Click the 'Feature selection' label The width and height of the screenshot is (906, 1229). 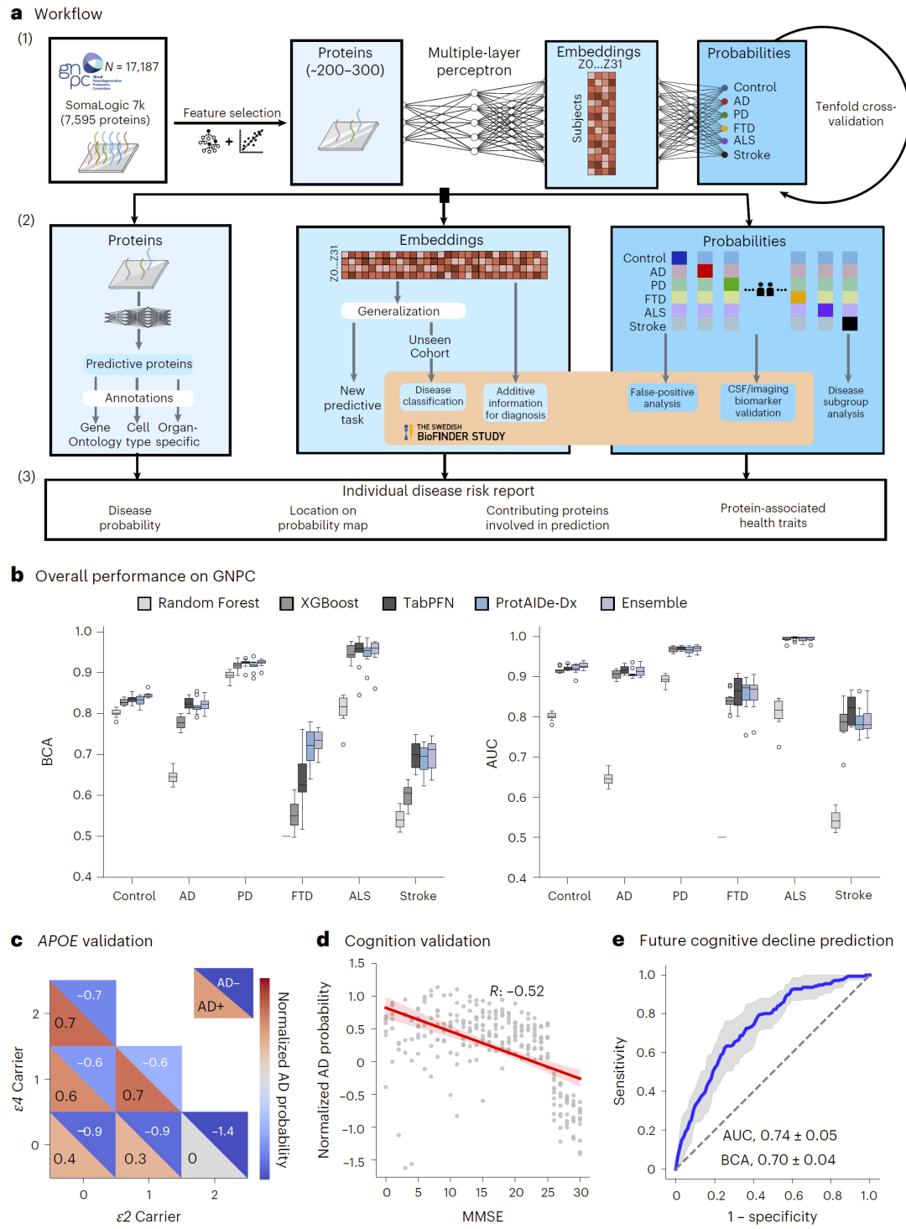click(x=232, y=113)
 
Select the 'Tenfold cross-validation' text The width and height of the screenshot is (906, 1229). click(x=855, y=114)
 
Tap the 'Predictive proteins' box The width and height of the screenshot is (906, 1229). click(x=139, y=364)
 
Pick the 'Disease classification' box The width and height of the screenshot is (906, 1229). click(x=433, y=396)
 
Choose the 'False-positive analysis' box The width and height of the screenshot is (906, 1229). click(x=662, y=398)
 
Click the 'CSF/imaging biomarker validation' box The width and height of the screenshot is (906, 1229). click(x=758, y=401)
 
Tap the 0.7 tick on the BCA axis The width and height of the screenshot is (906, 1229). click(x=83, y=754)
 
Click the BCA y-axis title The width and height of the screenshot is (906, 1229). click(x=48, y=752)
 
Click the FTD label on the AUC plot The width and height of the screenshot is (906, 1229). click(x=737, y=896)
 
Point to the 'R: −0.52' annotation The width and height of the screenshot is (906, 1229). click(x=517, y=992)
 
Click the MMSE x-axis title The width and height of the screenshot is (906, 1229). click(x=482, y=1216)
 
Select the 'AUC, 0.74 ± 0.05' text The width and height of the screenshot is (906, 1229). click(x=779, y=1136)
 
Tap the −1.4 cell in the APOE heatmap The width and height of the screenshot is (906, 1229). click(x=223, y=1132)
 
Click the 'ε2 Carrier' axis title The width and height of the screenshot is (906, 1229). click(x=148, y=1216)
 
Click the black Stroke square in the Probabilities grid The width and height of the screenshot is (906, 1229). click(x=850, y=324)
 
